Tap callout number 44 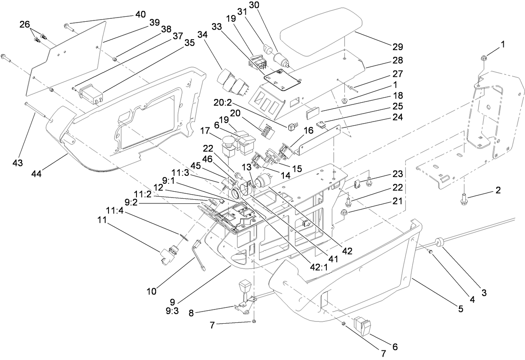tap(40, 172)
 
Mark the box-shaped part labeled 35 tap(90, 94)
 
